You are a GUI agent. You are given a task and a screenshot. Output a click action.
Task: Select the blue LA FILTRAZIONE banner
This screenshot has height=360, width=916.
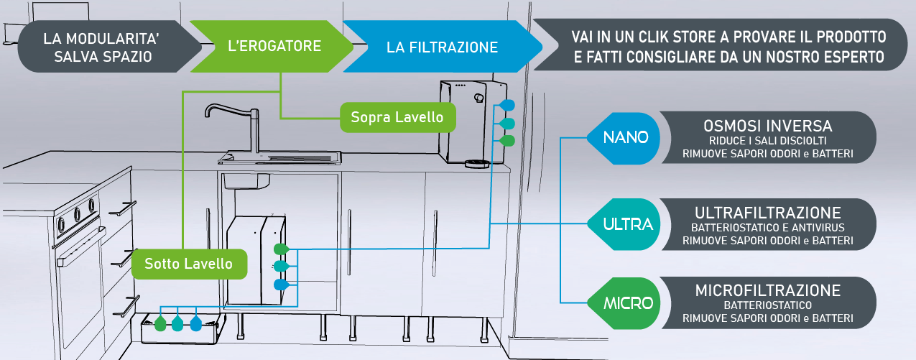[442, 47]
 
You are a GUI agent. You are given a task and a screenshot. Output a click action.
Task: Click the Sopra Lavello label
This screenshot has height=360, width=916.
[397, 116]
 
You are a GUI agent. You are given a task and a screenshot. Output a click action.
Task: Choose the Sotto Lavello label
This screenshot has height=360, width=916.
[188, 264]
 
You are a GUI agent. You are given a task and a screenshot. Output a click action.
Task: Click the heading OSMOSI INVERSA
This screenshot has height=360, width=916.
[768, 126]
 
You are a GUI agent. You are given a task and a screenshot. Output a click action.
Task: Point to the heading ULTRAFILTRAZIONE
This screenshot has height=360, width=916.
[768, 213]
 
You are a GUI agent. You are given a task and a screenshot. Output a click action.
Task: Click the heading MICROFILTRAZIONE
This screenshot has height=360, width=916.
[768, 291]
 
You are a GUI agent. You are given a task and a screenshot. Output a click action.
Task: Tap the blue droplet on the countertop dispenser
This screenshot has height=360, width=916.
[507, 106]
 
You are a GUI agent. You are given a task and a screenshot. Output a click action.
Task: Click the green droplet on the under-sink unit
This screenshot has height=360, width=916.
[281, 249]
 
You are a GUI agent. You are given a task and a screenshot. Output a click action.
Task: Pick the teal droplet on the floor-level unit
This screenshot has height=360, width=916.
[177, 323]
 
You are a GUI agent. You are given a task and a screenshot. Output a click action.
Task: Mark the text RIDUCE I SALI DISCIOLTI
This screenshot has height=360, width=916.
[768, 140]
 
